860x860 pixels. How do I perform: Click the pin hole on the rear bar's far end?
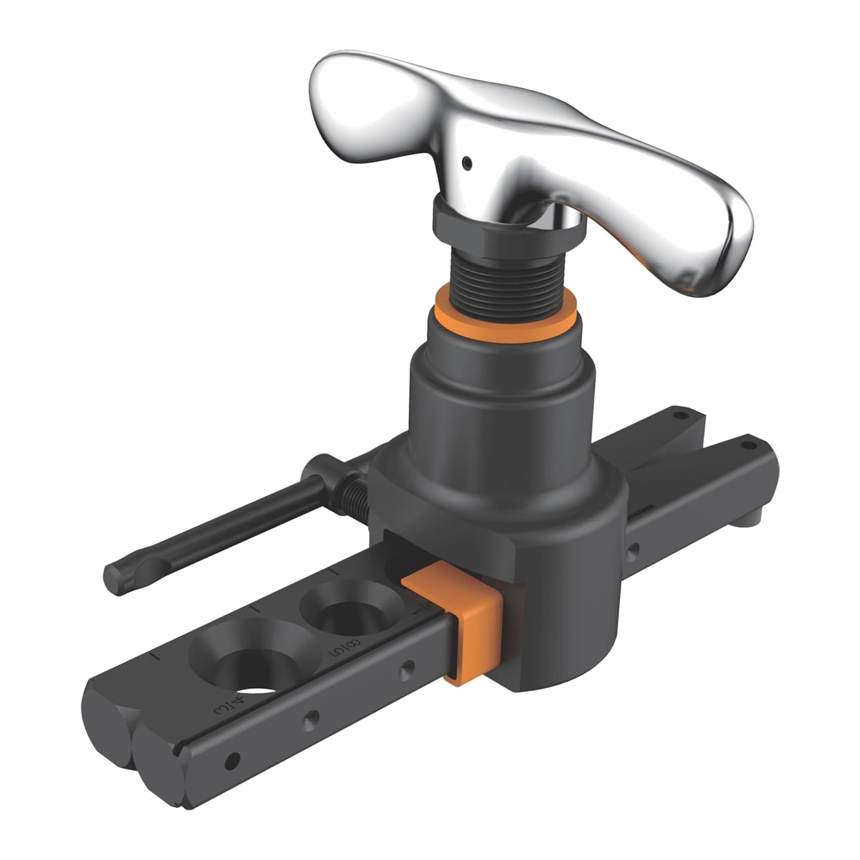[679, 416]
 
